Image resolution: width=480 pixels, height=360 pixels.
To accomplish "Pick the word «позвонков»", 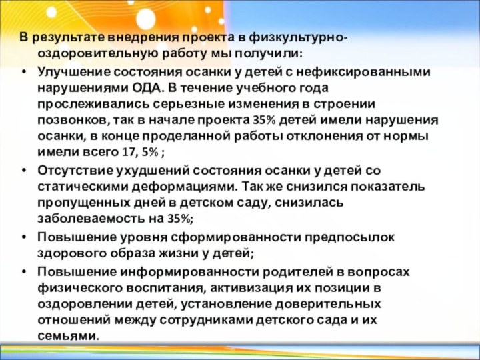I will click(x=71, y=121).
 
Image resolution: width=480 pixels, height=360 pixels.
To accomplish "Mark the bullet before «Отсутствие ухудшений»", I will click(x=25, y=170).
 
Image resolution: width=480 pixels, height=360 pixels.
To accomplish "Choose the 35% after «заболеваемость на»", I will click(x=179, y=219).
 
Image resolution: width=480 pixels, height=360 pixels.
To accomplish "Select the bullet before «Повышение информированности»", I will click(x=25, y=271).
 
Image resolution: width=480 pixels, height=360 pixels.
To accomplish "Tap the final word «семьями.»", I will click(x=69, y=336).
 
